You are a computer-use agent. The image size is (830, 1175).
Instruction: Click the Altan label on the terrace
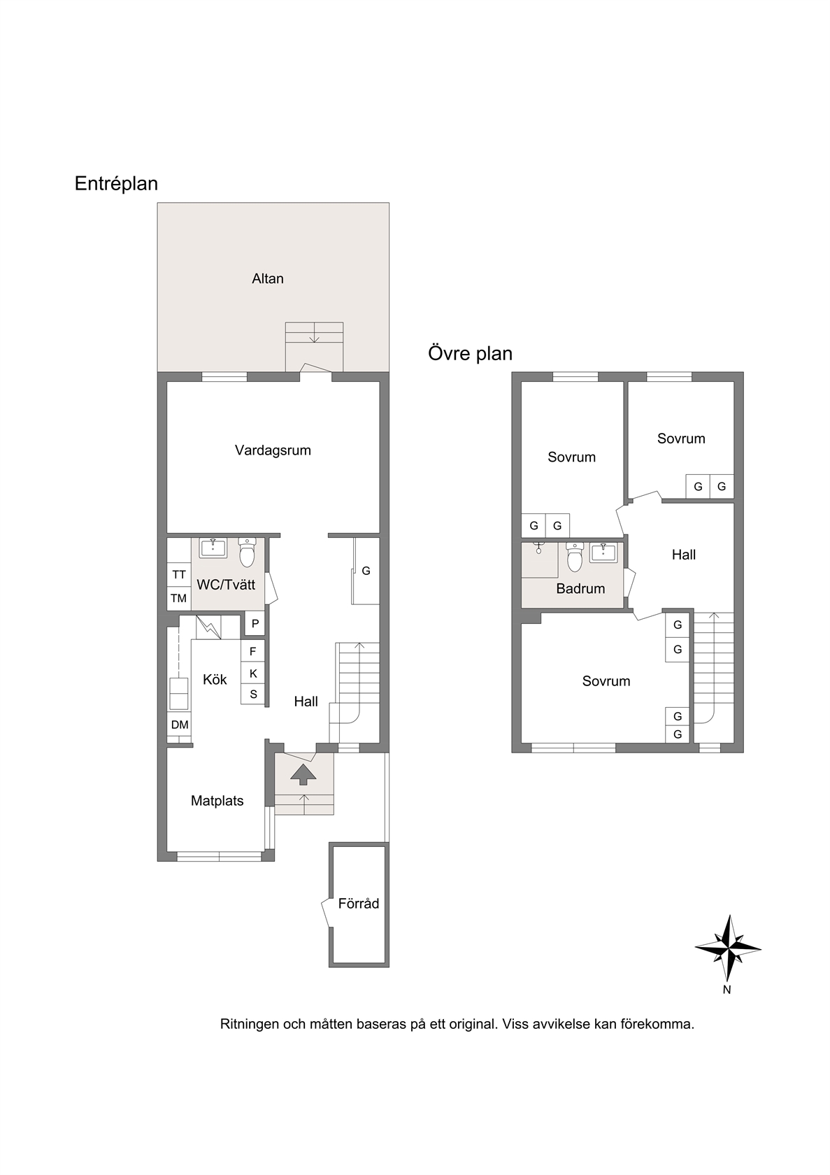point(267,278)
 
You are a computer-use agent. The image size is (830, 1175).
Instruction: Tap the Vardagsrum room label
point(273,450)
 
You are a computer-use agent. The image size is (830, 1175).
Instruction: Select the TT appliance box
point(179,574)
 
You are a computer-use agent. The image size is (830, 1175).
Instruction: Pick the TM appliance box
point(179,598)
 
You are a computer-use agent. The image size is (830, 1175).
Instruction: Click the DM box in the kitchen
point(180,725)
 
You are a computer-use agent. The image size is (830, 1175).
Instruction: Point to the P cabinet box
point(255,624)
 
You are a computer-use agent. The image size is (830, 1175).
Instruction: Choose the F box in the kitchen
point(252,651)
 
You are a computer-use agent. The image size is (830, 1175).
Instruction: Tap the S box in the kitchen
point(252,695)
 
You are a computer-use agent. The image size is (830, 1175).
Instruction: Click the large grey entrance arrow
point(303,774)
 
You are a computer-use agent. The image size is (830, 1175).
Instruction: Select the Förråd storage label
point(359,904)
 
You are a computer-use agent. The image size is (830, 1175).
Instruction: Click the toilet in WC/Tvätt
point(246,553)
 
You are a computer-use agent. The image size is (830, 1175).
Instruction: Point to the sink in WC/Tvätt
point(213,548)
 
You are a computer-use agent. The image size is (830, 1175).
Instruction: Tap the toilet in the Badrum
point(575,557)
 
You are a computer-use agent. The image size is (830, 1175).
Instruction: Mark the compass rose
point(728,948)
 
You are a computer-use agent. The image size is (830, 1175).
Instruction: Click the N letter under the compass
point(727,990)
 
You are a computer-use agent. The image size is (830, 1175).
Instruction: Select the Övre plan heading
point(471,354)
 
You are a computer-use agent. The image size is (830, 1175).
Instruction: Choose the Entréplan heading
point(116,183)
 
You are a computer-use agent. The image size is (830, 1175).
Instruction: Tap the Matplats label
point(217,801)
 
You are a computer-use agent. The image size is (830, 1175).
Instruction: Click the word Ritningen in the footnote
point(250,1023)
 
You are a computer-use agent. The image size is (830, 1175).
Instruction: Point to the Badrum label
point(580,589)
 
